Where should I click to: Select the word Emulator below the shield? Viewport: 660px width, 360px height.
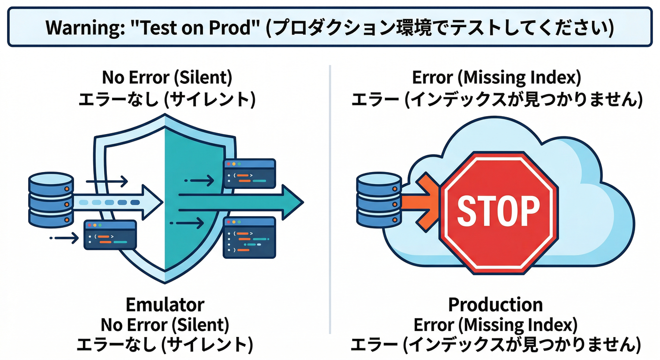(165, 305)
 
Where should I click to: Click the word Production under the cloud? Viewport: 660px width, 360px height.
(495, 305)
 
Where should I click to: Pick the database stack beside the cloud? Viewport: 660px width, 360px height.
(379, 199)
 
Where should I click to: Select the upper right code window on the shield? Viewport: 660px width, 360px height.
(249, 173)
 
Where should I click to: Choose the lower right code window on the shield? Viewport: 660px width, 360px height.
(249, 237)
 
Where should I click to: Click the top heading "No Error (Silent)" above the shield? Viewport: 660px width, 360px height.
(167, 77)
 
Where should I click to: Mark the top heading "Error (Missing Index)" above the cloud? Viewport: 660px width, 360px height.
(496, 77)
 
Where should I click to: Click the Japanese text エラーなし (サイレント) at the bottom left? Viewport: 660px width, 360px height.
(165, 345)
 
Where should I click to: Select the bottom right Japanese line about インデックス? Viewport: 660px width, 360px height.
(495, 345)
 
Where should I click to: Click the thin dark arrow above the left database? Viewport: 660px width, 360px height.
(107, 180)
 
